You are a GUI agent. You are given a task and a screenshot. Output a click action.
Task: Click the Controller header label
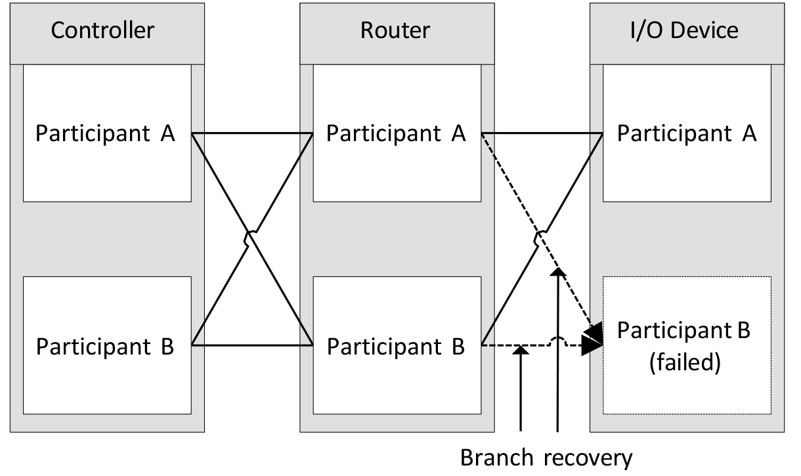[x=102, y=30]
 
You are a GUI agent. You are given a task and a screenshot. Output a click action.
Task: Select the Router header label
[x=395, y=30]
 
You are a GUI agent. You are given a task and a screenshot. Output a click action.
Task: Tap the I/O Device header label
[x=687, y=30]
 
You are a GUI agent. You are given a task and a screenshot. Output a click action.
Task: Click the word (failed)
[x=687, y=363]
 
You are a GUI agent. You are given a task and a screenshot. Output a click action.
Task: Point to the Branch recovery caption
[x=546, y=458]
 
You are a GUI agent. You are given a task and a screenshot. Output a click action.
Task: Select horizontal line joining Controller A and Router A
[x=251, y=133]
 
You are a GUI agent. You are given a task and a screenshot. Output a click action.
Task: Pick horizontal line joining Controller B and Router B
[x=251, y=345]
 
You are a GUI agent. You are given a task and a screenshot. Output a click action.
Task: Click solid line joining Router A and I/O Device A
[x=542, y=133]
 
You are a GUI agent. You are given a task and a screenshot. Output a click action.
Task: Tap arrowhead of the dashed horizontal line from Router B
[x=592, y=345]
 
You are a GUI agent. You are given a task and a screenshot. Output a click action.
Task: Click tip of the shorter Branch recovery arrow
[x=521, y=348]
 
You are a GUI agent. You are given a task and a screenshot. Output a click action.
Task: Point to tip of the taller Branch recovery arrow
[x=557, y=269]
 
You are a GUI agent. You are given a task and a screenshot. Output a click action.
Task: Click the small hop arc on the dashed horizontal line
[x=557, y=341]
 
